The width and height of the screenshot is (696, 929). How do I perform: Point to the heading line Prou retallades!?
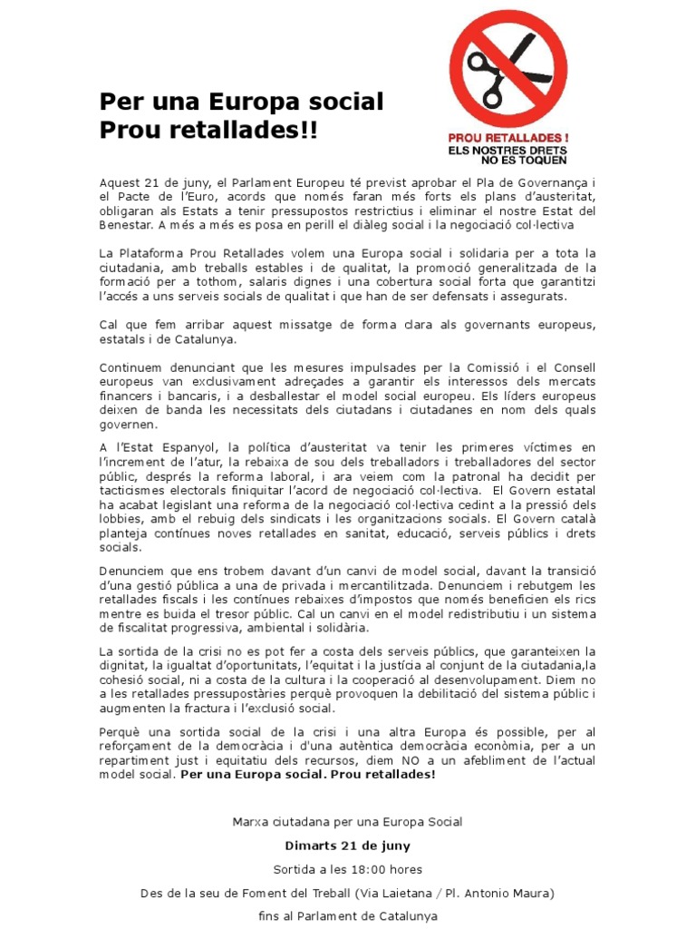click(208, 129)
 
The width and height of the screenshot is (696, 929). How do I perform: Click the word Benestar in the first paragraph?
click(126, 224)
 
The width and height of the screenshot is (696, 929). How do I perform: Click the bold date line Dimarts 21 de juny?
click(347, 846)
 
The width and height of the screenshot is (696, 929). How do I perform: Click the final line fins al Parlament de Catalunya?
click(347, 915)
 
